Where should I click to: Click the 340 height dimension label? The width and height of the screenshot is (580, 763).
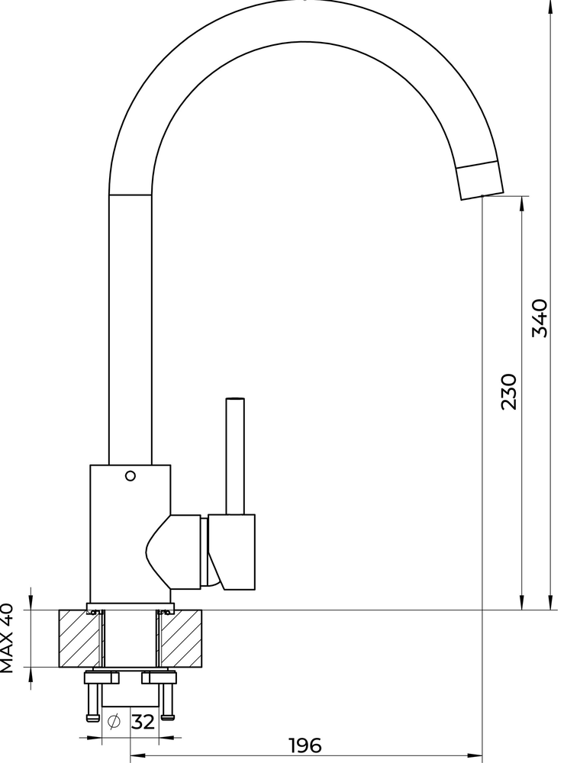(540, 318)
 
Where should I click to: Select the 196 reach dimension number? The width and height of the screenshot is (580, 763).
(305, 745)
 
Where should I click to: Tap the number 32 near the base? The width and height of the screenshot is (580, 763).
(143, 721)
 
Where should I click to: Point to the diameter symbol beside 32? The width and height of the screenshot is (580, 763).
(114, 721)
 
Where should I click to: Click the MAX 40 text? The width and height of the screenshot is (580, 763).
(8, 638)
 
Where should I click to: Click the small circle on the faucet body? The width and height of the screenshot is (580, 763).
(130, 476)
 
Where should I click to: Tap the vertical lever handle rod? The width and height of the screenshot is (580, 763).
(234, 456)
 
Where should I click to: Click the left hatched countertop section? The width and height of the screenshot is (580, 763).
(81, 638)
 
